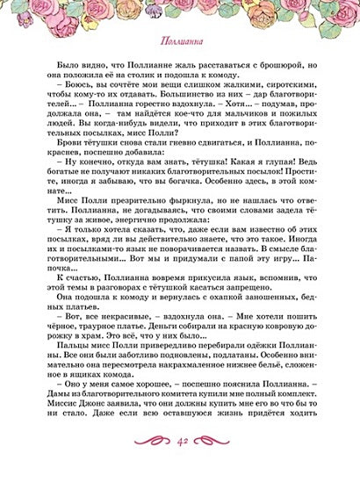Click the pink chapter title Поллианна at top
(179, 41)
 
